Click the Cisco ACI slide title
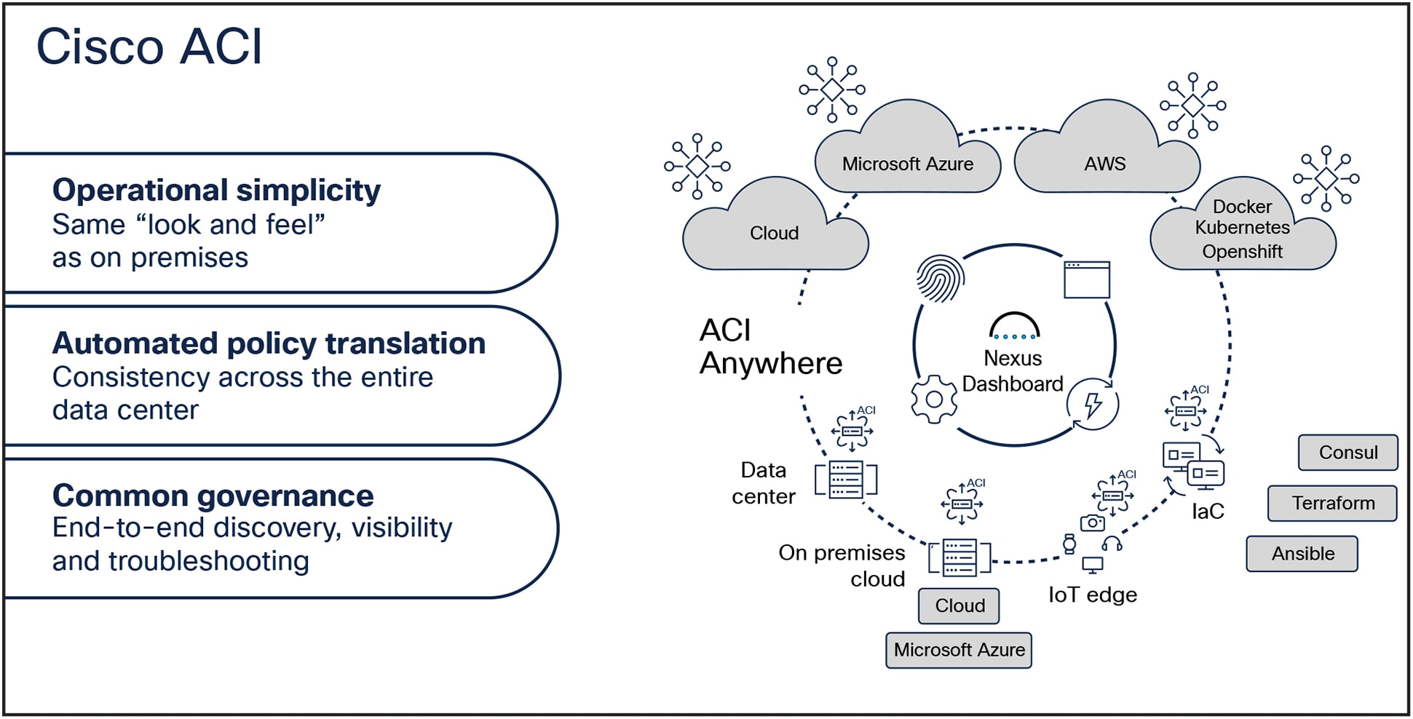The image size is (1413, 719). (149, 47)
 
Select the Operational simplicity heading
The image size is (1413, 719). (216, 191)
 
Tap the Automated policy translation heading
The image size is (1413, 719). (269, 343)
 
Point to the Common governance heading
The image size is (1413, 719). (213, 496)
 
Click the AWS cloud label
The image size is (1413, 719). (1104, 164)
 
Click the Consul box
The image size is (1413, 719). (1347, 453)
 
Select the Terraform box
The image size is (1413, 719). (1332, 504)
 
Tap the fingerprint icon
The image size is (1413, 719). (940, 278)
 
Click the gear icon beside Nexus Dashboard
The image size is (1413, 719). (934, 399)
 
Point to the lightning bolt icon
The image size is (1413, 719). (1092, 405)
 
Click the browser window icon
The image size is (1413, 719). (1086, 279)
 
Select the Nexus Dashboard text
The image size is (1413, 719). (1013, 371)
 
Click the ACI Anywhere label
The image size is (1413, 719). (770, 347)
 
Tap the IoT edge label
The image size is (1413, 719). (1092, 595)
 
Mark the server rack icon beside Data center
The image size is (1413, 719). (846, 480)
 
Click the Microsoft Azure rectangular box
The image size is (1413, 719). (958, 650)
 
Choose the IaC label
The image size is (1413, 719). (1207, 512)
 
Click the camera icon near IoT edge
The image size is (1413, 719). (1092, 523)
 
